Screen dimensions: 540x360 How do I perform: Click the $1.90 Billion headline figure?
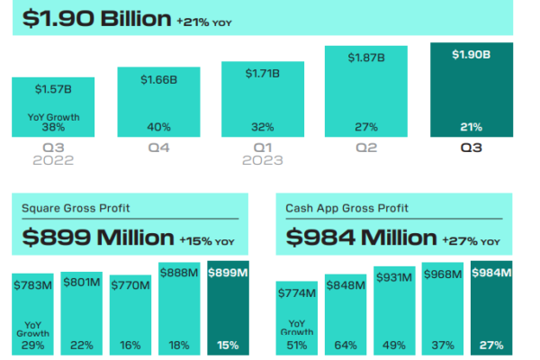[x=97, y=19]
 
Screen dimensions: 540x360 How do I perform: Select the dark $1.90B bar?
[x=472, y=90]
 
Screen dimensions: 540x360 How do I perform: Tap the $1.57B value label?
[x=53, y=90]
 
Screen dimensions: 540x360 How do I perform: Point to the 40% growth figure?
[x=158, y=127]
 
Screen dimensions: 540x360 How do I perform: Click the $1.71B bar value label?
[x=263, y=74]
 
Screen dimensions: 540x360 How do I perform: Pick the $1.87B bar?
[x=366, y=91]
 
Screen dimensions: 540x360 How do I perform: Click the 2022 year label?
[x=53, y=160]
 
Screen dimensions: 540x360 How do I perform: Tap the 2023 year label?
[x=263, y=160]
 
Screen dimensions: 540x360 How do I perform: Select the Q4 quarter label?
[x=158, y=148]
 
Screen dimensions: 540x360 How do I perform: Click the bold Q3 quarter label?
[x=471, y=148]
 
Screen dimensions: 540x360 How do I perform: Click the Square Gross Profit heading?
[x=76, y=208]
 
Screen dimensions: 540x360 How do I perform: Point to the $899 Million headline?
[x=98, y=238]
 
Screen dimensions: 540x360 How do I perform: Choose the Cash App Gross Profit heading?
[x=346, y=208]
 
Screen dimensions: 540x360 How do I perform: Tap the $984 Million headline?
[x=361, y=238]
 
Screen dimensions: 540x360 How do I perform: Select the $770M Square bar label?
[x=130, y=285]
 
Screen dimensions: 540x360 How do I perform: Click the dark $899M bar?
[x=228, y=308]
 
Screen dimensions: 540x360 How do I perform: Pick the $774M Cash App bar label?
[x=297, y=293]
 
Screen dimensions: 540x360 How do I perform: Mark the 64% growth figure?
[x=346, y=346]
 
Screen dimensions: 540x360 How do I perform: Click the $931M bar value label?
[x=394, y=277]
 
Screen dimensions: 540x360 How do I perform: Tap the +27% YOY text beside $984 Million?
[x=471, y=241]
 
